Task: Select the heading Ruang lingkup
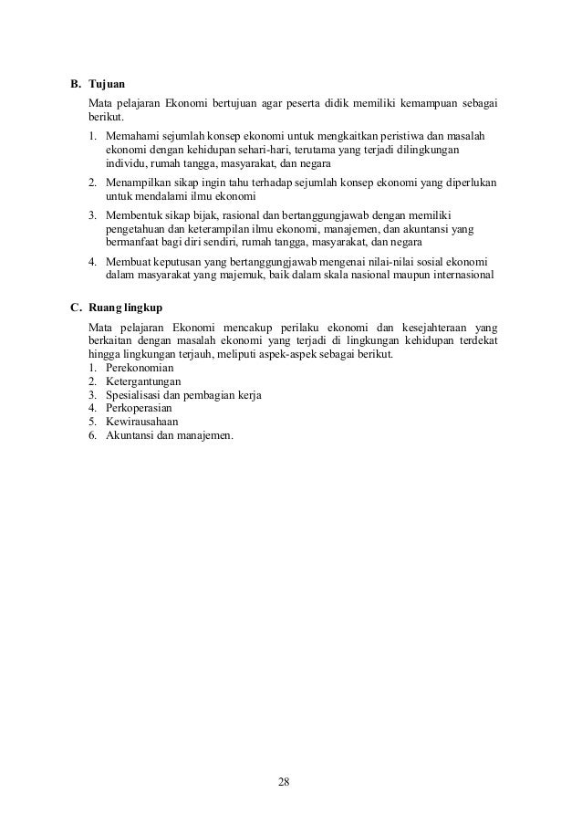tap(124, 308)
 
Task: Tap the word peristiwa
tap(400, 136)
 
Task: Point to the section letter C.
tap(76, 308)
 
